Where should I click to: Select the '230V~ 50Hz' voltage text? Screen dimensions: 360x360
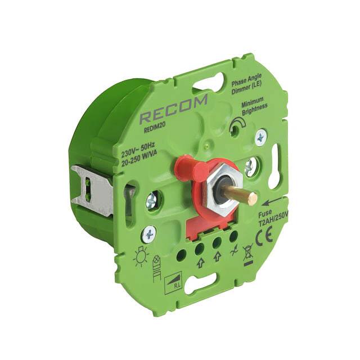point(138,151)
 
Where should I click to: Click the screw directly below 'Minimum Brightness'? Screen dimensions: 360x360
point(260,137)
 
